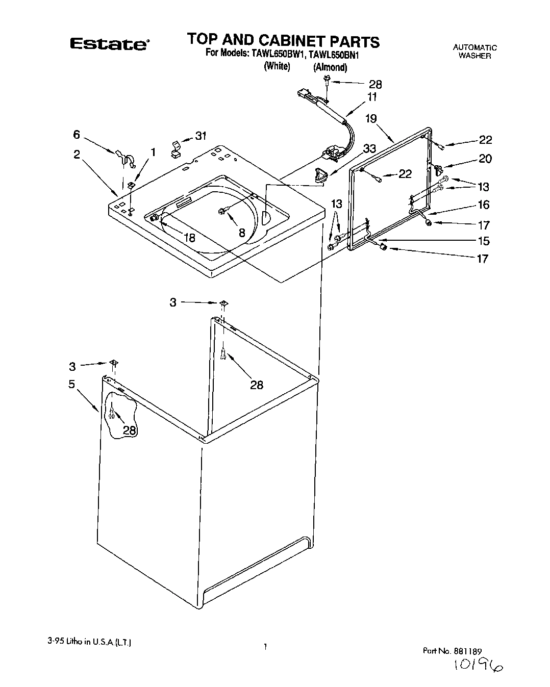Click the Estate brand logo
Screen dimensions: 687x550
[109, 44]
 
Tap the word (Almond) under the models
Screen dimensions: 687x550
[330, 67]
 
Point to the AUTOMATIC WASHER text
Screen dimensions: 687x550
[474, 52]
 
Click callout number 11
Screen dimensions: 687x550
[372, 96]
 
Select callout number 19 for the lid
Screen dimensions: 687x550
[371, 119]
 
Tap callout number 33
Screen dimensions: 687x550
[369, 148]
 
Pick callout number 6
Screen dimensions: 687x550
[77, 135]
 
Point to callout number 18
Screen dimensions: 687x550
[189, 237]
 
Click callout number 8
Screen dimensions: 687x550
[242, 233]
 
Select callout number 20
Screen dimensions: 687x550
[485, 159]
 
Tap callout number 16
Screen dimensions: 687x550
[483, 205]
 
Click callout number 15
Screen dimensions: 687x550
[483, 240]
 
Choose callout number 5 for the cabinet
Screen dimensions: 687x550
[72, 384]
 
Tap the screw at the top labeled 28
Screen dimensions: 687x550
[327, 80]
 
